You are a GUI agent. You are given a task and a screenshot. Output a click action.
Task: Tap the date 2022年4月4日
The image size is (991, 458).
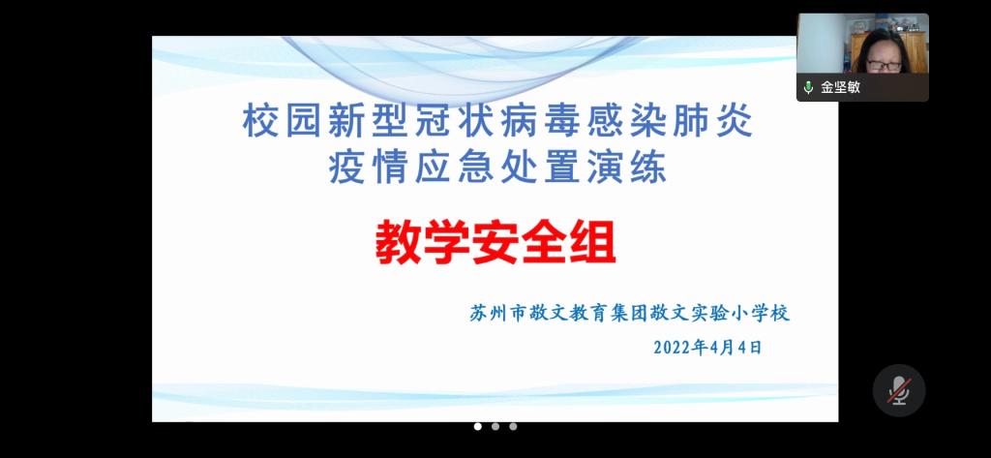[x=707, y=348]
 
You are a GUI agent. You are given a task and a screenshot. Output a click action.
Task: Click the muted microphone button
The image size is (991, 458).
[x=899, y=390]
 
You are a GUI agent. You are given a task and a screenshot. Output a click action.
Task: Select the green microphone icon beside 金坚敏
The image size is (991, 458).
[x=808, y=87]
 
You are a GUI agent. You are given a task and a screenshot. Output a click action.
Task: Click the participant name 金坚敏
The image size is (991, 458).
[x=840, y=87]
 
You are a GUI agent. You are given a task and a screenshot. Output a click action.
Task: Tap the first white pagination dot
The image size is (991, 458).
[x=478, y=426]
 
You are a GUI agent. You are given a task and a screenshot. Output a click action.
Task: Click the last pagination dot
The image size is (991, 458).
[x=513, y=426]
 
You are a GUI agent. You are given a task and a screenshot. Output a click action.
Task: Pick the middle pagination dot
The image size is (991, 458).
[x=495, y=426]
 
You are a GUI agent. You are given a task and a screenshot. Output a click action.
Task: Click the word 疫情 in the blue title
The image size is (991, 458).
[x=368, y=168]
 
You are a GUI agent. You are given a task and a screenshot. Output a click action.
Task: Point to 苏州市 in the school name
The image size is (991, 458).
[x=497, y=314]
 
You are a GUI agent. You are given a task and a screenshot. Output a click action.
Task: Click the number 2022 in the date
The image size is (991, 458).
[x=674, y=348]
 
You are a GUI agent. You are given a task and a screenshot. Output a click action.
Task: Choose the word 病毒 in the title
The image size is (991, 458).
[x=540, y=122]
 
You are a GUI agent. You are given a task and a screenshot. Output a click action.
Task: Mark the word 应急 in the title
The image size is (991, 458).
[x=455, y=168]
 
